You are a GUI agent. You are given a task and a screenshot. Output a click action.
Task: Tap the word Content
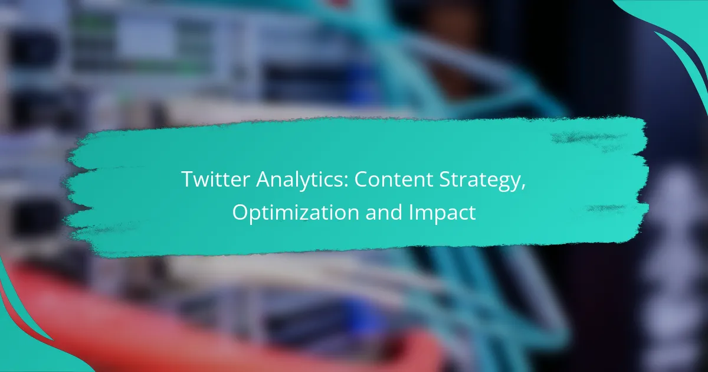click(x=394, y=180)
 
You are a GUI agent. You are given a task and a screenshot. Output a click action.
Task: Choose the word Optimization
click(x=296, y=213)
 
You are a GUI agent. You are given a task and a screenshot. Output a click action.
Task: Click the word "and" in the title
click(x=383, y=212)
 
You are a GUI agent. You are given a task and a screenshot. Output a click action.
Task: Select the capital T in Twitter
click(x=189, y=180)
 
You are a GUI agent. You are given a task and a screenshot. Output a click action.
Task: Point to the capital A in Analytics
click(x=264, y=180)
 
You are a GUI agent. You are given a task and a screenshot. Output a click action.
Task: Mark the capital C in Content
click(x=362, y=180)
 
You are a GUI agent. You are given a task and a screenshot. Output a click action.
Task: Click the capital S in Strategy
click(x=445, y=180)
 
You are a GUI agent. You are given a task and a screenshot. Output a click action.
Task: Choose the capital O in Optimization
click(x=242, y=212)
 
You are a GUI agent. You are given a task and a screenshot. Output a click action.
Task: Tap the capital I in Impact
click(x=410, y=212)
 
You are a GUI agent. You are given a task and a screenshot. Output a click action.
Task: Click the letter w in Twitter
click(x=205, y=182)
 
